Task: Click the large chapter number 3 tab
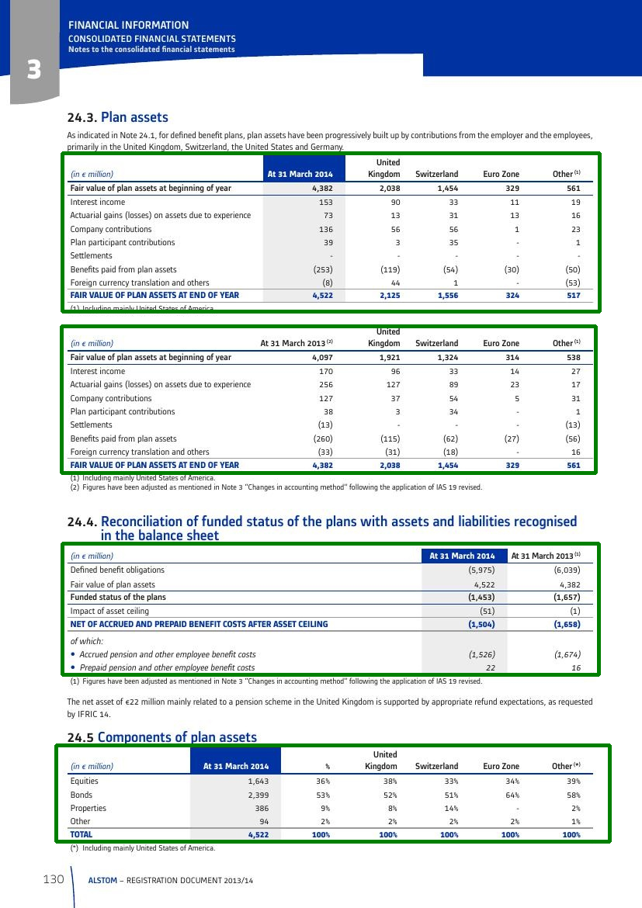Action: pos(33,71)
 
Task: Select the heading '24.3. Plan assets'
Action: pos(118,118)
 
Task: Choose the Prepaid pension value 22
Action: pos(490,667)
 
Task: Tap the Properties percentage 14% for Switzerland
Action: pos(449,808)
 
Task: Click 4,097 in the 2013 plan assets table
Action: pos(322,358)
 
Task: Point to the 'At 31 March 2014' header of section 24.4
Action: pos(463,556)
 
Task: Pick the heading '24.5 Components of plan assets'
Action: pos(162,737)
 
